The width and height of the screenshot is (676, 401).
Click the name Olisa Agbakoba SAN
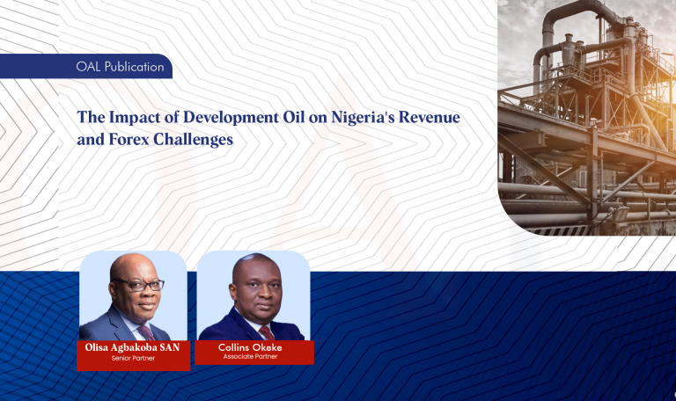click(x=132, y=349)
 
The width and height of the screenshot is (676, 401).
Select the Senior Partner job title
click(x=132, y=359)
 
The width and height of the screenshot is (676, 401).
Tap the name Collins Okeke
click(x=253, y=347)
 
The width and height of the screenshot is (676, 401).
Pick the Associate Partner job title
click(x=253, y=356)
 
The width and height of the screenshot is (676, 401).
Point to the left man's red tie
click(x=146, y=332)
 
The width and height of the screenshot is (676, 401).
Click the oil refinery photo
click(x=586, y=114)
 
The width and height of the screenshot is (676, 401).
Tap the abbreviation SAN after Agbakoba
click(x=169, y=349)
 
